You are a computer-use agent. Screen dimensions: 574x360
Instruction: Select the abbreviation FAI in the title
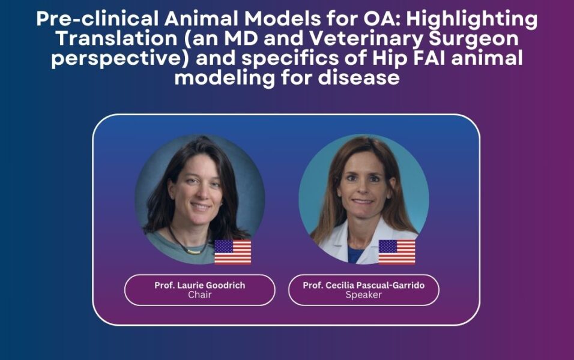[429, 58]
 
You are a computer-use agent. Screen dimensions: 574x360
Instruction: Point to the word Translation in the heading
[116, 38]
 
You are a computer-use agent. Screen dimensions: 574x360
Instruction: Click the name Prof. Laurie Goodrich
[200, 285]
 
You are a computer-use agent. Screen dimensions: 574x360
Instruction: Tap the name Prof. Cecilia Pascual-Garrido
[364, 285]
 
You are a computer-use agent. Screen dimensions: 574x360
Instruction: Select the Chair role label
[200, 295]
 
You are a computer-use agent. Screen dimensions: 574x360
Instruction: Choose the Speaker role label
[364, 295]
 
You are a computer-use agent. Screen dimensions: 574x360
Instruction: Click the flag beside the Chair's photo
[233, 252]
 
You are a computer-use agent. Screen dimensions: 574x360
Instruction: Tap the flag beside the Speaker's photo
[397, 252]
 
